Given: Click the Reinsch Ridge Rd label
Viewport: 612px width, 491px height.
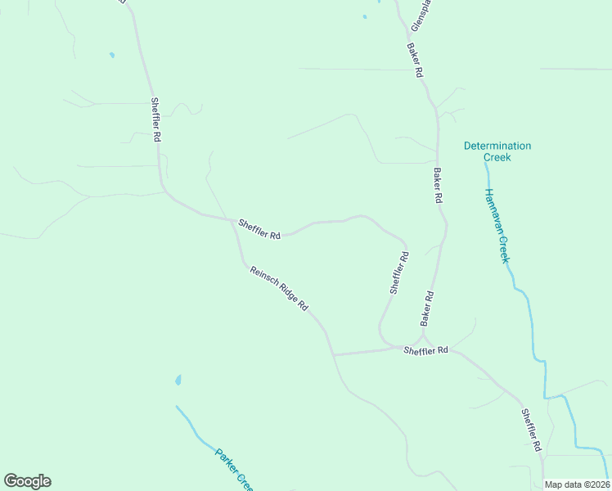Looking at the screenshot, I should pos(279,288).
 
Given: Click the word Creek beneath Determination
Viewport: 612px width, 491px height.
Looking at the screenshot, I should pos(497,157).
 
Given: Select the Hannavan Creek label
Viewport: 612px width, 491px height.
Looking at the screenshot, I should pos(497,225).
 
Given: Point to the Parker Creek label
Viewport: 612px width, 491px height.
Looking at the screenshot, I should pos(235,469).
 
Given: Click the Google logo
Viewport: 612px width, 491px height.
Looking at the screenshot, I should pos(27,481).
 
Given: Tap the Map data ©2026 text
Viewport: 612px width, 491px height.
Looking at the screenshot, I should pos(577,484).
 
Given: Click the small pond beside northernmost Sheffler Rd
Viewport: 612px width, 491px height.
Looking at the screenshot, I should pos(112,56).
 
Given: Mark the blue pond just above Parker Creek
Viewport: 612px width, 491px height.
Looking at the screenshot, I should pos(178,381).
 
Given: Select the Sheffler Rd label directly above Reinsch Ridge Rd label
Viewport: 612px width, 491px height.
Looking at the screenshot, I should pos(259,228).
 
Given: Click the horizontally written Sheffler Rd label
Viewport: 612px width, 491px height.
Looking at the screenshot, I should pos(426,349).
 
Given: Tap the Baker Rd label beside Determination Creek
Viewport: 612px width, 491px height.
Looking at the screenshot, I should pos(438,186).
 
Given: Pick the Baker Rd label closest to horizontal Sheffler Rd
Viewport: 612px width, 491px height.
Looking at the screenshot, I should pos(426,307).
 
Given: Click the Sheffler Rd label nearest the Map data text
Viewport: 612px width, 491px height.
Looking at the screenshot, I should pos(532,430).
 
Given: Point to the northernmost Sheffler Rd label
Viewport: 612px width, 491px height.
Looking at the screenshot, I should pos(155,120).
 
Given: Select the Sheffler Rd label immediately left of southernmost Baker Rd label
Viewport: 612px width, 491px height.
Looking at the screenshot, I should pos(398,273).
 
